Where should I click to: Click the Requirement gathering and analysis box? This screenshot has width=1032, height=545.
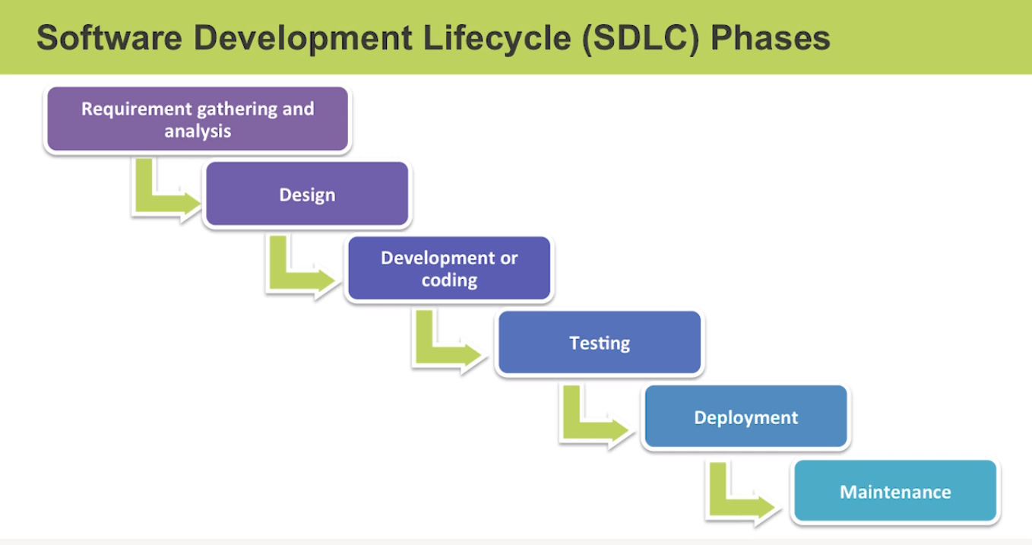coord(198,119)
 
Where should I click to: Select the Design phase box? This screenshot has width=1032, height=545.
coord(307,195)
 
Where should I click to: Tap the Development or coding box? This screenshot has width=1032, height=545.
coord(449,269)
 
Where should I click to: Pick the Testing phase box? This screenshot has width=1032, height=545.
coord(600,343)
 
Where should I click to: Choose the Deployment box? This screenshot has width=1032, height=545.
coord(746,417)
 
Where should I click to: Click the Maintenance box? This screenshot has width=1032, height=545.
coord(894,492)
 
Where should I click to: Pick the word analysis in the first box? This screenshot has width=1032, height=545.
coord(198,131)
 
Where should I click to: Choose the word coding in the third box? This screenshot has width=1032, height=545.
coord(449,280)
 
